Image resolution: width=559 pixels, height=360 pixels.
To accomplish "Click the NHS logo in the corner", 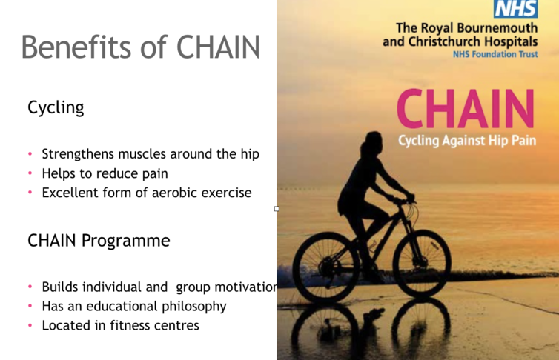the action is (515, 9).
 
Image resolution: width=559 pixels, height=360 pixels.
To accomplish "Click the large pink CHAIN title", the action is (466, 109).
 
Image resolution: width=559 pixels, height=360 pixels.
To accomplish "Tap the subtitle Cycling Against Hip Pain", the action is (467, 141).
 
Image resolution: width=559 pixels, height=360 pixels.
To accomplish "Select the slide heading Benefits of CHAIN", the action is (140, 47).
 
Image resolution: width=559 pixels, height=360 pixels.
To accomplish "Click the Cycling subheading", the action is (56, 107).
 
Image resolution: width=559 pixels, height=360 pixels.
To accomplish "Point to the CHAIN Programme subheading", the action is (99, 240).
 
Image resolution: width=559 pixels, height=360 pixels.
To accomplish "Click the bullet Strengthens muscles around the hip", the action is (150, 154).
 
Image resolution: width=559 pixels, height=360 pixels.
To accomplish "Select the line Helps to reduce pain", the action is (105, 173).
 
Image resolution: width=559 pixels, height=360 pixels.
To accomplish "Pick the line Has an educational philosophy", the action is (134, 306).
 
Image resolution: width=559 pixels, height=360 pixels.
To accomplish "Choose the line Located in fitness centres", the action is (121, 325).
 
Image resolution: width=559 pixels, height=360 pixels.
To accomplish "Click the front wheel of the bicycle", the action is (422, 264).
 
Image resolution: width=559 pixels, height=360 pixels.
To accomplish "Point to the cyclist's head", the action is (373, 141).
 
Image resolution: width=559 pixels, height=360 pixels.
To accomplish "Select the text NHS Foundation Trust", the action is (495, 55).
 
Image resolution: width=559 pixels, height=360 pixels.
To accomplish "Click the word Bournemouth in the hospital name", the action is (497, 27).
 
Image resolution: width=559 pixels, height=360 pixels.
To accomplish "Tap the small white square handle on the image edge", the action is (277, 209).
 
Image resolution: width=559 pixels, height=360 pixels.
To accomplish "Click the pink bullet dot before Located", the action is (30, 325).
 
